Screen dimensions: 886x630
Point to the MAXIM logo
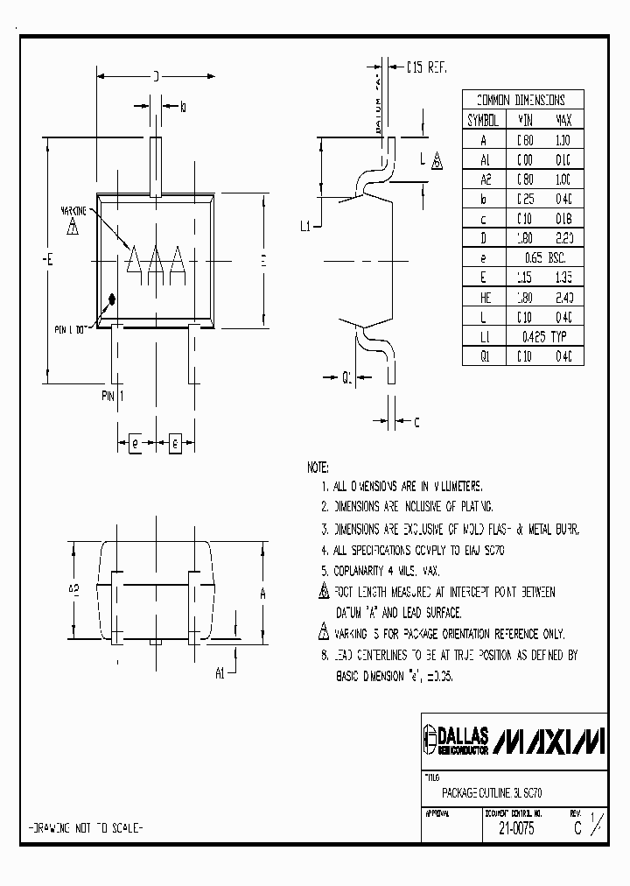pyautogui.click(x=549, y=741)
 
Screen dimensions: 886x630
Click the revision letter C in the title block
pyautogui.click(x=576, y=826)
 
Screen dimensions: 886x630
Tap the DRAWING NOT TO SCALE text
pyautogui.click(x=87, y=827)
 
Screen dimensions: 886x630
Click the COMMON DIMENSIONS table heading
pyautogui.click(x=520, y=100)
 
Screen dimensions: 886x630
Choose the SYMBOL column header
pyautogui.click(x=482, y=120)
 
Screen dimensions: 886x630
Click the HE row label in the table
pyautogui.click(x=482, y=297)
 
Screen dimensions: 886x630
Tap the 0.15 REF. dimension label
pyautogui.click(x=428, y=67)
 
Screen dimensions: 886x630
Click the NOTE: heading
pyautogui.click(x=318, y=466)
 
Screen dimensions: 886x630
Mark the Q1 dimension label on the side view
pyautogui.click(x=346, y=378)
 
